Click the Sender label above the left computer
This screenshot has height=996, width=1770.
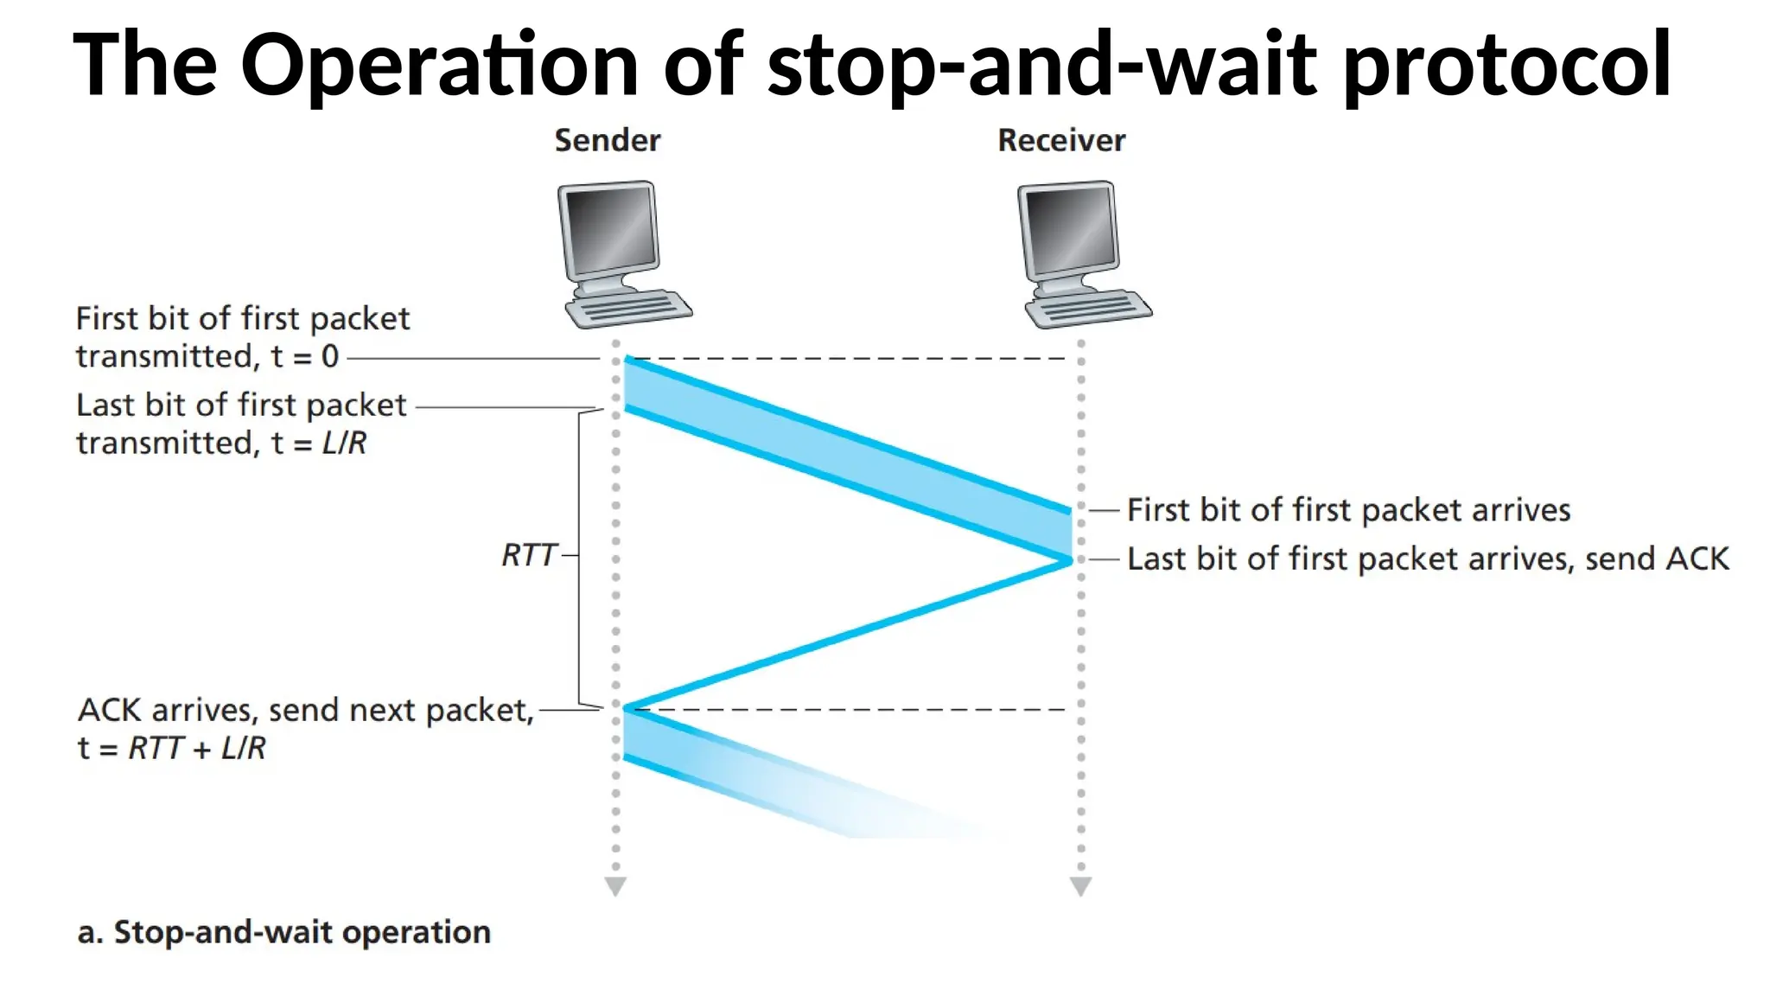click(x=607, y=140)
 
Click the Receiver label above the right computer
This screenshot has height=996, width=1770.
click(x=1060, y=140)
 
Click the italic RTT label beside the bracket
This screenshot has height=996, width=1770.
click(x=528, y=555)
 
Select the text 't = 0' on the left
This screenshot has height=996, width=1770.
click(x=304, y=356)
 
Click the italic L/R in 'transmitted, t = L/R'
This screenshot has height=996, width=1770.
click(x=344, y=443)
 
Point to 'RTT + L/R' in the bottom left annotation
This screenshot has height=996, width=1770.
click(x=197, y=748)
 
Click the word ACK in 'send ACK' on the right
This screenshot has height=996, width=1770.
click(x=1697, y=559)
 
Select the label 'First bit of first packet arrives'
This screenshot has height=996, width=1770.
click(x=1348, y=510)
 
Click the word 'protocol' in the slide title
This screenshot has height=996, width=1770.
click(x=1507, y=64)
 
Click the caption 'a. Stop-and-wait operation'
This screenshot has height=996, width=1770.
click(x=283, y=932)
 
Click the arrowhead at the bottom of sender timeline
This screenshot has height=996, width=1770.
click(x=615, y=887)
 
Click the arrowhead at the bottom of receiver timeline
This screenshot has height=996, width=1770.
click(x=1080, y=887)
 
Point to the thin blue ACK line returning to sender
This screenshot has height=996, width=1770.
click(x=847, y=635)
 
